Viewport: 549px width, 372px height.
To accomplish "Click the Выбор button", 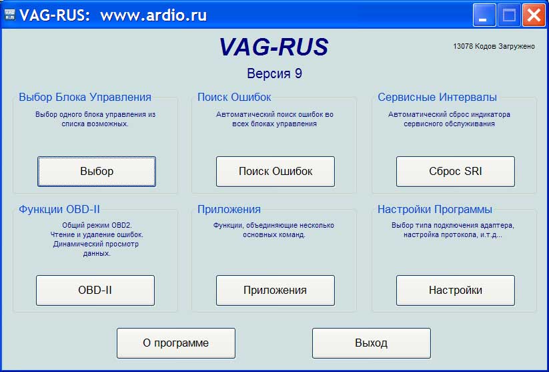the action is pos(97,172).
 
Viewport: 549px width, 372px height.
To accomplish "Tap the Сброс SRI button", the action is pos(456,172).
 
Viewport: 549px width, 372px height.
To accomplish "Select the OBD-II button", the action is pos(95,291).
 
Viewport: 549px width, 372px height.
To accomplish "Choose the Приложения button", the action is pos(276,291).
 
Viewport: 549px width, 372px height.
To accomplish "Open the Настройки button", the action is pos(456,291).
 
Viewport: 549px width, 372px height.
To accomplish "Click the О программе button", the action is pos(175,343).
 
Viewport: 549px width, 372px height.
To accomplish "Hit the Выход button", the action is pos(372,343).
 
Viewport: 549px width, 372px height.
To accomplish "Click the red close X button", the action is pos(534,15).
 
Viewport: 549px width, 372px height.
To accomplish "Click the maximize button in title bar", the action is pos(509,15).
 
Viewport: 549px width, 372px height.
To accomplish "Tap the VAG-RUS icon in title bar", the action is pos(10,15).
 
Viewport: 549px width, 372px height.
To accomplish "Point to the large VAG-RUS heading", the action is pos(274,47).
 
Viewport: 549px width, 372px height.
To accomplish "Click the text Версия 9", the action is pos(275,73).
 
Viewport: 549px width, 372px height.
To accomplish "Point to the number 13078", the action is pos(463,46).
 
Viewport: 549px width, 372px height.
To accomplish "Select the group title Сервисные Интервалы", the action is pos(437,97).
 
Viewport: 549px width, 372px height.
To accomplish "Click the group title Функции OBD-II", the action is pos(59,209).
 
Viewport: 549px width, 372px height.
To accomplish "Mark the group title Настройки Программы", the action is pos(435,209).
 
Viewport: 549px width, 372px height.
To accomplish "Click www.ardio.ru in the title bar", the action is pos(153,15).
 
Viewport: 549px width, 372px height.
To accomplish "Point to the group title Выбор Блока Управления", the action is pos(85,97).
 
